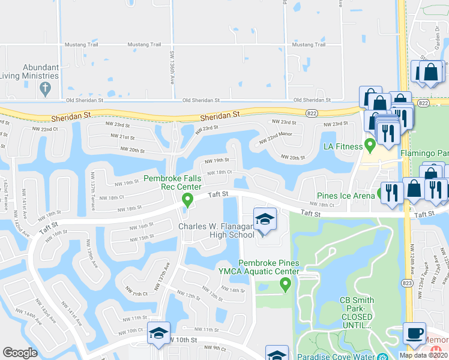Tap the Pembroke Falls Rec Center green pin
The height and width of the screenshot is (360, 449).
(187, 199)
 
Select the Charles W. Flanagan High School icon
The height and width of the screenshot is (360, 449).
(265, 220)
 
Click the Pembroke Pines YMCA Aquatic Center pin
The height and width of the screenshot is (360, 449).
(286, 283)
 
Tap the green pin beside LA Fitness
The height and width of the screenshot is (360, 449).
(370, 145)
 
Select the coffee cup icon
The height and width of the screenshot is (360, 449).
(414, 333)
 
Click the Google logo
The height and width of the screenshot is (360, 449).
(20, 353)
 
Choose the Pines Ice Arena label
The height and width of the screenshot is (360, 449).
(346, 195)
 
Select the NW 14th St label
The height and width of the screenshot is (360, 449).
(234, 290)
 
